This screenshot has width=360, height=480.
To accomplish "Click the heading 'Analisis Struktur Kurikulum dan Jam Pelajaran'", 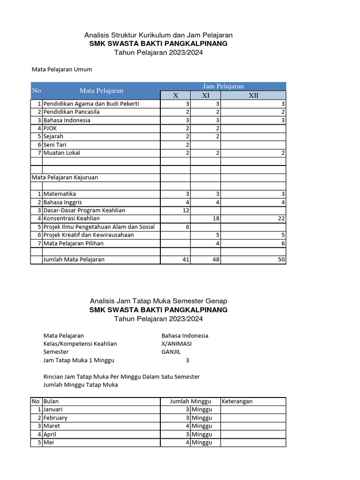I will tap(158, 35).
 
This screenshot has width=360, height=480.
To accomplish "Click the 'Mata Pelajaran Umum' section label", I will tap(62, 69).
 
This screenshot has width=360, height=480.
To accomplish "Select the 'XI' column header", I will tap(205, 96).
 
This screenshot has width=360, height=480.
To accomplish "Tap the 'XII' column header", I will tap(253, 96).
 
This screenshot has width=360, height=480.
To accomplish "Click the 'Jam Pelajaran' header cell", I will tap(223, 86).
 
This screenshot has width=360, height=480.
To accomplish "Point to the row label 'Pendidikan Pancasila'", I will tap(71, 112).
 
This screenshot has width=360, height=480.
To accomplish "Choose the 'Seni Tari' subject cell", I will tap(55, 145).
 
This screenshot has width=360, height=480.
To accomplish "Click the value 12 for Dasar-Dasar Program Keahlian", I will tap(186, 210).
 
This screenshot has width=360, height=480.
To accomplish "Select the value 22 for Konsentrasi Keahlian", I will tap(281, 218).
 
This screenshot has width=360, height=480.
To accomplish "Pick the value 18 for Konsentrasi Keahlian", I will tap(216, 218).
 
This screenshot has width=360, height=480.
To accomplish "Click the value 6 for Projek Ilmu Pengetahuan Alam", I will tap(187, 227).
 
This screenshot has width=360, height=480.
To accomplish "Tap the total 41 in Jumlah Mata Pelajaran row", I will tap(186, 260).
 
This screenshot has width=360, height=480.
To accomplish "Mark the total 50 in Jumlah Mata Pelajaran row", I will tap(281, 260).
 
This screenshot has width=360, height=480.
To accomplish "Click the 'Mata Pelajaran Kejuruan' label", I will tap(65, 178).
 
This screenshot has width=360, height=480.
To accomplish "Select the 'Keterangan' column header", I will tap(237, 401).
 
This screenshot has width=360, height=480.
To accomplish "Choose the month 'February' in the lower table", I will tap(55, 418).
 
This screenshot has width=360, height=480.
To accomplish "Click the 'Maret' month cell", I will tap(52, 426).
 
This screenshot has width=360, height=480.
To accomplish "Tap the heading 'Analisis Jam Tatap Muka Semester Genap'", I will tap(158, 301).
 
